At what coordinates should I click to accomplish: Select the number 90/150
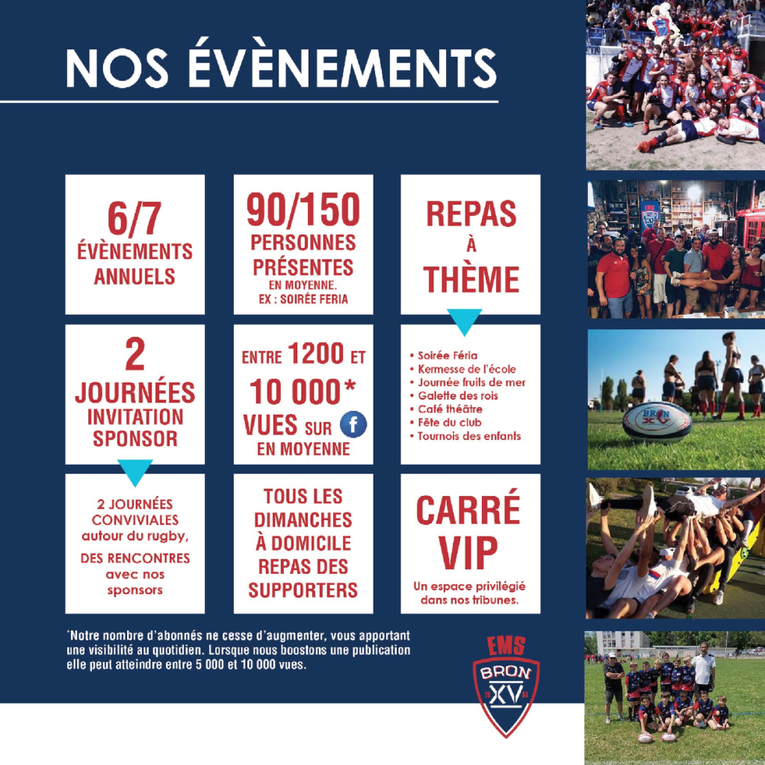[x=303, y=209]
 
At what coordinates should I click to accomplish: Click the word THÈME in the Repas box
[x=471, y=279]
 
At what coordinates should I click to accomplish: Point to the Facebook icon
[x=353, y=424]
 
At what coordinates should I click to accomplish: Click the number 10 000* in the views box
[x=303, y=391]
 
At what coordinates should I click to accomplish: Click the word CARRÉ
[x=468, y=510]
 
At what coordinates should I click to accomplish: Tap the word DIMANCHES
[x=303, y=520]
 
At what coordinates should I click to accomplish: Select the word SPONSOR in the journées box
[x=135, y=438]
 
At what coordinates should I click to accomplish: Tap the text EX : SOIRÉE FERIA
[x=303, y=299]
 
